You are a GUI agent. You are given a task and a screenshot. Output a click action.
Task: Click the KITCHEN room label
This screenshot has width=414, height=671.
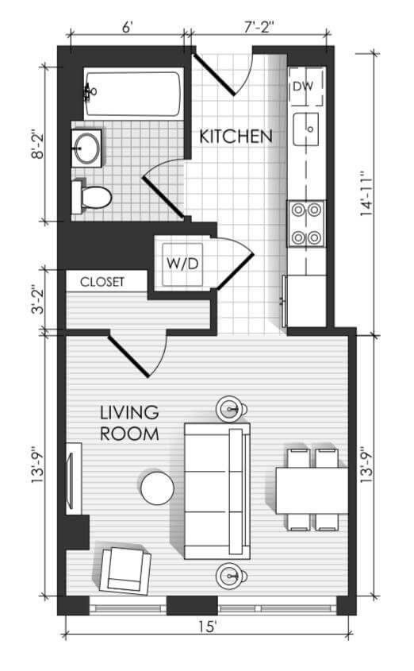[x=236, y=137]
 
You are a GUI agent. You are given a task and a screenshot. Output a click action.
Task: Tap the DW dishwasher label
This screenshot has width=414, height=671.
[x=303, y=86]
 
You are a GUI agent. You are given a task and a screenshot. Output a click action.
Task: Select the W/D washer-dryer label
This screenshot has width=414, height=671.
[x=182, y=263]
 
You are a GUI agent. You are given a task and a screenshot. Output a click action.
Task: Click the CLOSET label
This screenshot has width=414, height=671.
[x=102, y=282]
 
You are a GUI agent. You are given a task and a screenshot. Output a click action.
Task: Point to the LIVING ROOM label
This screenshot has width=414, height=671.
[x=129, y=423]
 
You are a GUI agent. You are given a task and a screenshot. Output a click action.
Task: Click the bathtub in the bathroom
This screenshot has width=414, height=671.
[x=133, y=93]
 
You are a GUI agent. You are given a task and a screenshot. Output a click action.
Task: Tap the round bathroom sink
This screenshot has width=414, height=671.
[x=87, y=148]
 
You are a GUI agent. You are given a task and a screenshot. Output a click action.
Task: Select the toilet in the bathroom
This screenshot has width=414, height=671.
[x=91, y=196]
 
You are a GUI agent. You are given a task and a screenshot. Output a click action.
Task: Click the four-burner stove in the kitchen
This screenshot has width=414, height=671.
[x=306, y=223]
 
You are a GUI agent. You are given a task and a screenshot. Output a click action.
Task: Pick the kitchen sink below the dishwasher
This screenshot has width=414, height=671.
[x=305, y=129]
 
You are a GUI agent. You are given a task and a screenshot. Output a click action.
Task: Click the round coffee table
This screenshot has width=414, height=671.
[x=157, y=488]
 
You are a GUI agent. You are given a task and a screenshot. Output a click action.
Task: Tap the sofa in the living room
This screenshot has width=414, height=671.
[x=217, y=491]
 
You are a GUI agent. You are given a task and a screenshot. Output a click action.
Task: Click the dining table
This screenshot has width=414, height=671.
[x=312, y=491]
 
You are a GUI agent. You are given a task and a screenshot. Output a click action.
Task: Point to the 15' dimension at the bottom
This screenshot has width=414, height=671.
[x=208, y=627]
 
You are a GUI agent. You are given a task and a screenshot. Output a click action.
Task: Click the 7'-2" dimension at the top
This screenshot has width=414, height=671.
[x=259, y=27]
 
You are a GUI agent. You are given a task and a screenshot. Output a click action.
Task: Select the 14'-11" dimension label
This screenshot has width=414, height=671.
[x=366, y=194]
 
